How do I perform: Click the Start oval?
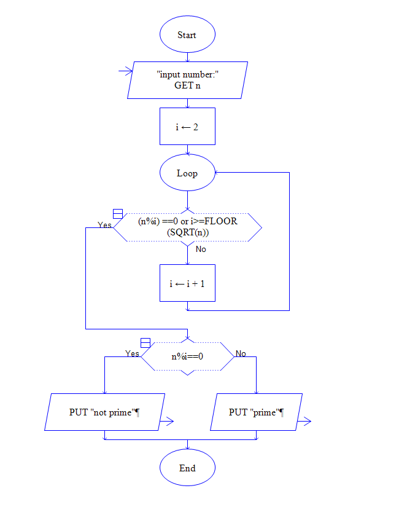coord(187,35)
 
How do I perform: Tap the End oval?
coord(187,468)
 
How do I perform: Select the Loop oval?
coord(187,173)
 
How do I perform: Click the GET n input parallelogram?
coord(187,80)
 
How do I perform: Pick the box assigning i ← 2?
coord(187,127)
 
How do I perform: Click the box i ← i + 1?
coord(187,283)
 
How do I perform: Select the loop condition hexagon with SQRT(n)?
coord(187,227)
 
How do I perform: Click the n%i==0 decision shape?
coord(187,356)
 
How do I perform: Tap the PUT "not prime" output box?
coord(105,412)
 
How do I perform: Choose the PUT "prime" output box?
coord(256,412)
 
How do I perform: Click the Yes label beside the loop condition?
coord(105,225)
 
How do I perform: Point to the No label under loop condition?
coord(201,249)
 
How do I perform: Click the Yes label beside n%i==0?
coord(132,353)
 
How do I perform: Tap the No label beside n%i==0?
coord(241,353)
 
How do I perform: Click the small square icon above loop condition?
coord(118,214)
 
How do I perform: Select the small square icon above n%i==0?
coord(145,342)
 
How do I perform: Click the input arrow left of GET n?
coord(125,71)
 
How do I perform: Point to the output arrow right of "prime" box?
coord(304,421)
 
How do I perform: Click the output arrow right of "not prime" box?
coord(167,421)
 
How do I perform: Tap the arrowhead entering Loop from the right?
coord(219,173)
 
